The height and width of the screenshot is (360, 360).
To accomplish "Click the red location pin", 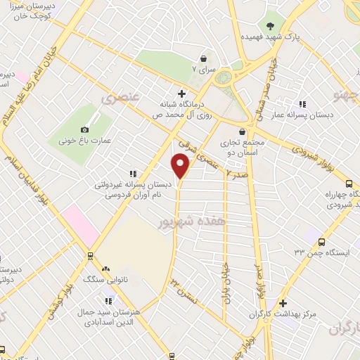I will tap(180, 165).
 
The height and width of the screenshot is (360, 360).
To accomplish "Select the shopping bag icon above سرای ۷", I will tap(204, 58).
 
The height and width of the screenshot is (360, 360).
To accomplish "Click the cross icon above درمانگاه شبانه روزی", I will tap(182, 94).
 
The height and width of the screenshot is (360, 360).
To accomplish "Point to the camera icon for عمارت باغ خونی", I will tap(85, 129).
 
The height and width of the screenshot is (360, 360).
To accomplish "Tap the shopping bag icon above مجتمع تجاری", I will tap(242, 131).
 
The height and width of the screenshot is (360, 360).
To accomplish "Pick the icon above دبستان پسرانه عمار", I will tap(303, 105).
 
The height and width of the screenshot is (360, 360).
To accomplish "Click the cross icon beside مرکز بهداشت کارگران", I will tap(283, 304).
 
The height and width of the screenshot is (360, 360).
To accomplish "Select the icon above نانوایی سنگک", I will tap(105, 269).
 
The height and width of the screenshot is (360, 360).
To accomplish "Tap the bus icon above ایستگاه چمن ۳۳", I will tap(321, 241).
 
